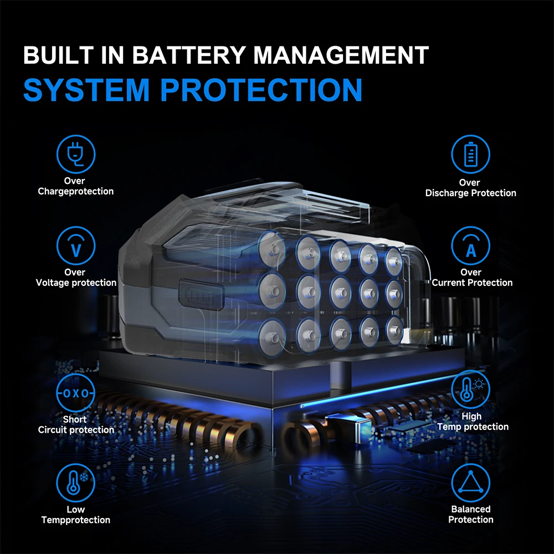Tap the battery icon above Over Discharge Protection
click(x=470, y=154)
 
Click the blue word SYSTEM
click(x=86, y=89)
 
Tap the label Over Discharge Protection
click(x=470, y=188)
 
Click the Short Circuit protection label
click(x=76, y=424)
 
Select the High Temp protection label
click(x=472, y=422)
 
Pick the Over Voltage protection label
click(x=76, y=278)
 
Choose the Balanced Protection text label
click(x=470, y=514)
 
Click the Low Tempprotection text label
click(x=76, y=515)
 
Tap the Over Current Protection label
click(x=471, y=278)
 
